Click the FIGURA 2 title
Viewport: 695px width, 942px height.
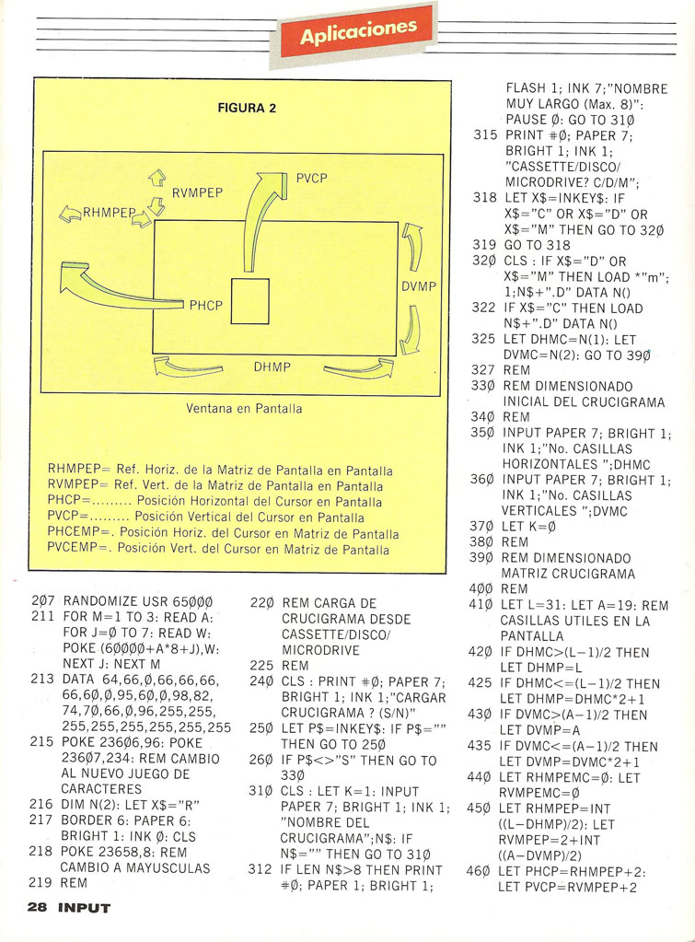pyautogui.click(x=247, y=108)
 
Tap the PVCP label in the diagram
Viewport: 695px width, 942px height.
pyautogui.click(x=311, y=179)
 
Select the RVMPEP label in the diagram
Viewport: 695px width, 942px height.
pyautogui.click(x=197, y=192)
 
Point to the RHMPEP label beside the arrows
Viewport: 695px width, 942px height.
pyautogui.click(x=109, y=212)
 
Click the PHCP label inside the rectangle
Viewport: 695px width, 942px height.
pyautogui.click(x=205, y=305)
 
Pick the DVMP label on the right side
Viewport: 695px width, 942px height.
pyautogui.click(x=419, y=286)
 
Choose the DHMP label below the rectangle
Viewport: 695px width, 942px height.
pyautogui.click(x=272, y=366)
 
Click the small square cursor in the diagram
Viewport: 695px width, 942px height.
pyautogui.click(x=249, y=302)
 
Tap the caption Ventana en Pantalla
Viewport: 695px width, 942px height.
pyautogui.click(x=244, y=409)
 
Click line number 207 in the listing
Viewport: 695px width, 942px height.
pyautogui.click(x=42, y=602)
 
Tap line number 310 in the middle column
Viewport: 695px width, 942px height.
pyautogui.click(x=261, y=792)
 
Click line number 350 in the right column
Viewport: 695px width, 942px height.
pyautogui.click(x=481, y=433)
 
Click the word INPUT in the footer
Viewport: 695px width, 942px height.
pyautogui.click(x=84, y=908)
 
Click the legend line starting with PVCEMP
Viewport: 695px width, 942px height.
pyautogui.click(x=218, y=549)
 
